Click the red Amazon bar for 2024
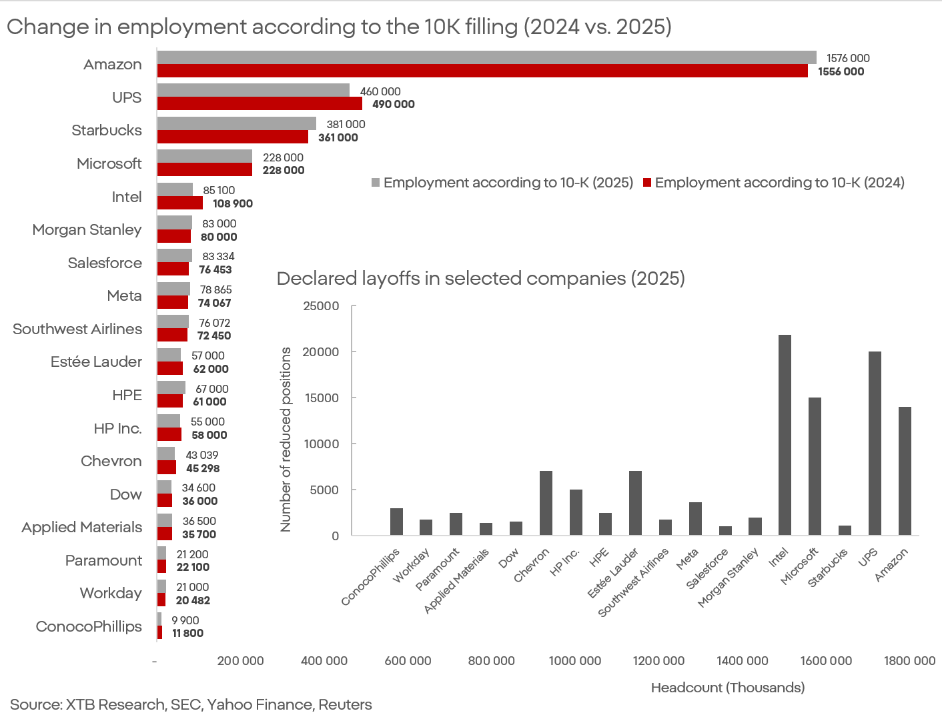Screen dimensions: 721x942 point(482,71)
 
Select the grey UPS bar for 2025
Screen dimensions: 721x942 point(254,91)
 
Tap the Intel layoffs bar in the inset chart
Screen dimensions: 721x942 point(785,435)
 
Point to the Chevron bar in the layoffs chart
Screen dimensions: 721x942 point(546,503)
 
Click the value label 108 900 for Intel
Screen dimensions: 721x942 point(233,203)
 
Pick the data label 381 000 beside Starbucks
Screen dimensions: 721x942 point(346,124)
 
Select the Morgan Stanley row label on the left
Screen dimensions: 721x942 point(87,229)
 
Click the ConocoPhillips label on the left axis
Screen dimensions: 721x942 point(89,626)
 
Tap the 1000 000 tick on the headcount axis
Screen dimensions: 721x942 point(574,660)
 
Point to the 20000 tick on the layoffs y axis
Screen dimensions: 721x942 point(321,351)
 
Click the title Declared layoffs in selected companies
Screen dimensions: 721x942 point(480,278)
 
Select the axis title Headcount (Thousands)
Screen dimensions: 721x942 point(727,687)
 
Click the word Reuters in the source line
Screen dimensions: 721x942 point(345,704)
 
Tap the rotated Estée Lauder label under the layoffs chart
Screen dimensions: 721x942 point(612,573)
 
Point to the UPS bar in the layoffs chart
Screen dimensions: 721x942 point(875,444)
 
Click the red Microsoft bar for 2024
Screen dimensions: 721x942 point(204,170)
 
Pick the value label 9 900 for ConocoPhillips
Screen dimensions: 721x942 point(185,620)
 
